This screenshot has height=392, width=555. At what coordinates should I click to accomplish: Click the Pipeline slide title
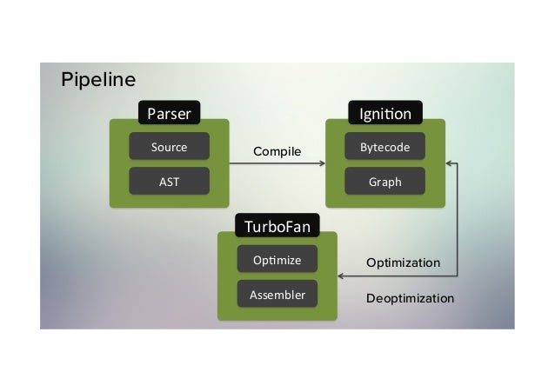98,81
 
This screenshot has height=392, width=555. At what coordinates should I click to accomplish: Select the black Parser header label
169,113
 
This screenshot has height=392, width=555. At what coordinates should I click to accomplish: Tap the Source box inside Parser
169,147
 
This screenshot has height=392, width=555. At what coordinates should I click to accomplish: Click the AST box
169,182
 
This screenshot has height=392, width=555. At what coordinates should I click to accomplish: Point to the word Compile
277,152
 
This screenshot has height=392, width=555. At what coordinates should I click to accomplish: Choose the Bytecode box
385,147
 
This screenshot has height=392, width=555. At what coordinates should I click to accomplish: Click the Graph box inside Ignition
385,182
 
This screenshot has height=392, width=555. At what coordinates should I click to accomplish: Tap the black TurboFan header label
277,227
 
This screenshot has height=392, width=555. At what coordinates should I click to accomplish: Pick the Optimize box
277,260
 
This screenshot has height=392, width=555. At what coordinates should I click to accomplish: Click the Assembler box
277,295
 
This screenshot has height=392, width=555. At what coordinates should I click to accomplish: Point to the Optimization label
403,262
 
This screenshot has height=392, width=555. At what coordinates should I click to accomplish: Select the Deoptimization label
410,298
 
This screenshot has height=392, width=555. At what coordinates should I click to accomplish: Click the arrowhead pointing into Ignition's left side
322,163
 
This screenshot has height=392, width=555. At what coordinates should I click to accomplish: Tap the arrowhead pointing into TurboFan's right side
341,276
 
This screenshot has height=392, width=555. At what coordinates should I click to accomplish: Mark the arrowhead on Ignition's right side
449,163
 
